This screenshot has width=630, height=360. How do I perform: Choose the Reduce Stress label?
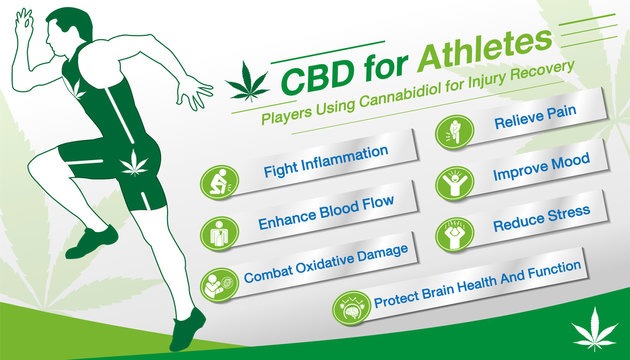tap(540, 218)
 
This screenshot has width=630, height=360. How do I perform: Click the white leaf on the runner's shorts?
tap(132, 164)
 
